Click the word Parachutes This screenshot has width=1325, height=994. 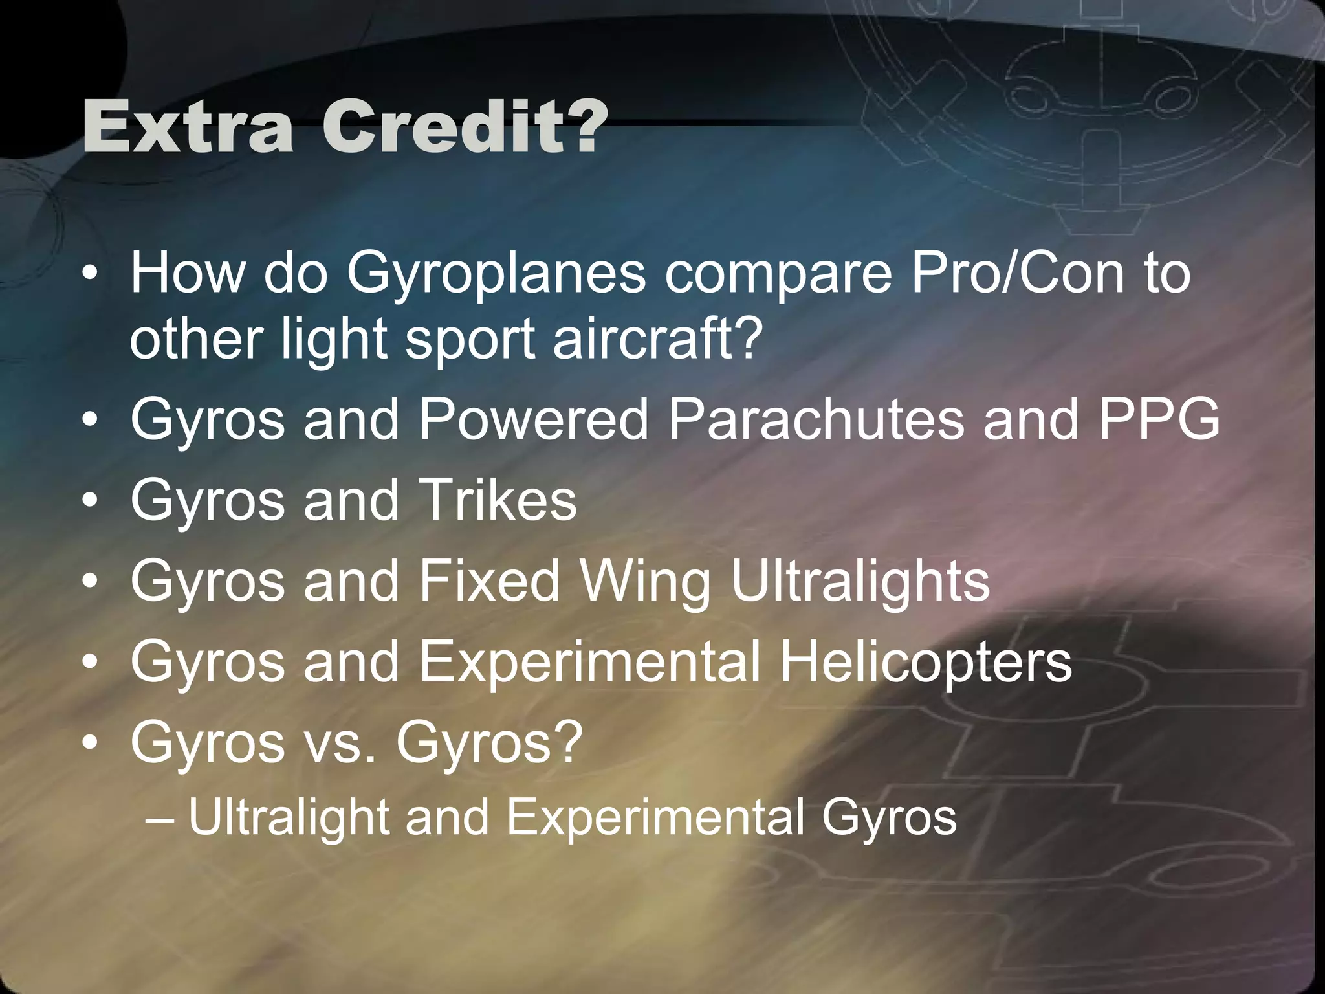pyautogui.click(x=816, y=418)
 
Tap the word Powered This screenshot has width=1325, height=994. pyautogui.click(x=534, y=418)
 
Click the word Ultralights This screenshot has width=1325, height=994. pyautogui.click(x=860, y=581)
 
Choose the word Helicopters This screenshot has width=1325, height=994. pyautogui.click(x=926, y=661)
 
